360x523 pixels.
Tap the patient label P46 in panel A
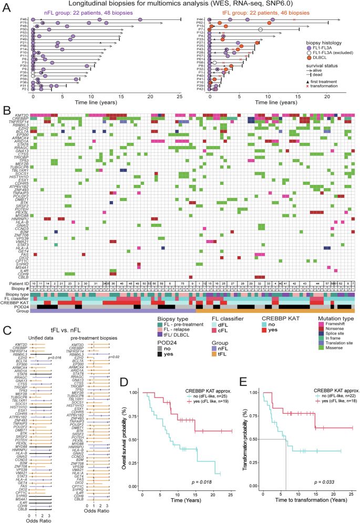click(24, 19)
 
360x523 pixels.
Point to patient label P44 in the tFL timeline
click(200, 19)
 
